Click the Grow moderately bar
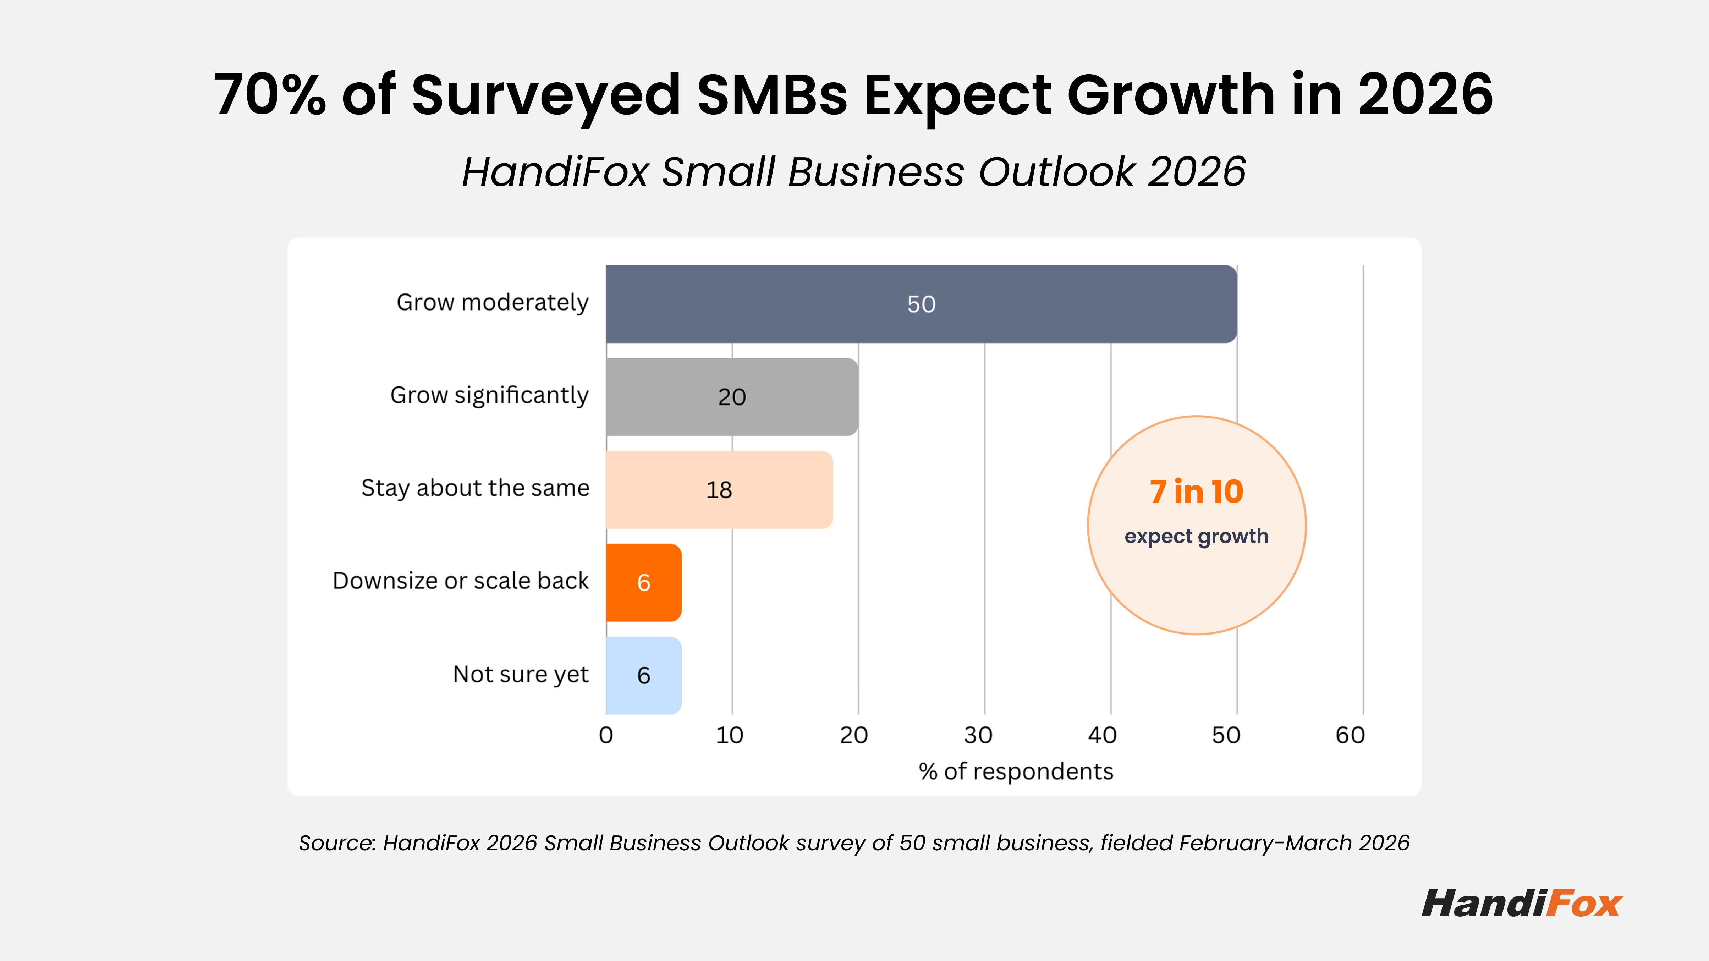coord(922,304)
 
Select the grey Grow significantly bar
coord(732,397)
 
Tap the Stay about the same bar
coord(719,490)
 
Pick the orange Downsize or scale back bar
coord(643,583)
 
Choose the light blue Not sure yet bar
coord(643,676)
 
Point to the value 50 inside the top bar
coord(922,304)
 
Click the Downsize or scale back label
coord(460,581)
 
